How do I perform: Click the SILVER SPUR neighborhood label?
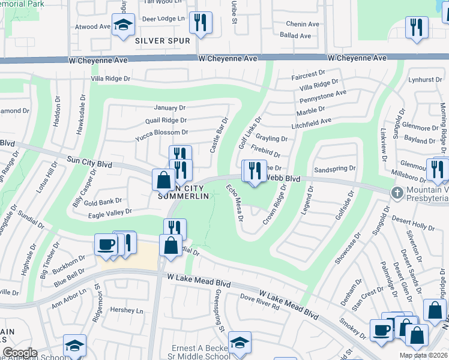tap(162, 41)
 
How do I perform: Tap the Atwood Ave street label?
tap(92, 27)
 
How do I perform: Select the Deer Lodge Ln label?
tap(163, 19)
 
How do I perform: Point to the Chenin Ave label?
tap(303, 24)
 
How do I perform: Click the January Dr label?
tap(170, 108)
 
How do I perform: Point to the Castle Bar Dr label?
tap(219, 135)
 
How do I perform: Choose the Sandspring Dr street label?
tap(334, 169)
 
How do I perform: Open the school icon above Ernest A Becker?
tap(240, 342)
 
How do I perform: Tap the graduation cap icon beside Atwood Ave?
tap(123, 26)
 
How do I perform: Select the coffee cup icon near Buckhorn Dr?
tap(106, 244)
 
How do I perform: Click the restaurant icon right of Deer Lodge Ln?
tap(200, 22)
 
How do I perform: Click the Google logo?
tap(19, 353)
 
